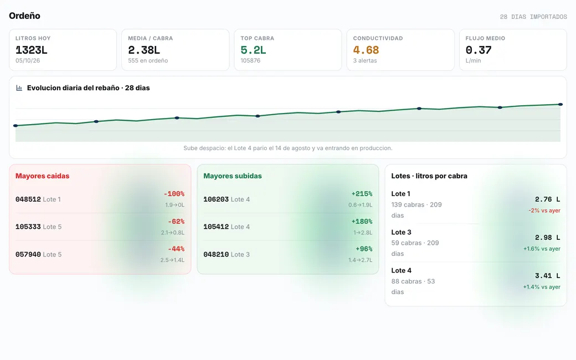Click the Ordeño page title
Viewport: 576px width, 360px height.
24,16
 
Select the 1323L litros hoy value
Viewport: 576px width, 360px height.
31,50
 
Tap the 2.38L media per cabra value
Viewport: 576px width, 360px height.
144,50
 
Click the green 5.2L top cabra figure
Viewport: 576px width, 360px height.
253,50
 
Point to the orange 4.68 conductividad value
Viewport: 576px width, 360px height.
366,50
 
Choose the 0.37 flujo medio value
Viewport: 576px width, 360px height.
479,50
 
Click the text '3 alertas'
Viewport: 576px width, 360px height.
365,60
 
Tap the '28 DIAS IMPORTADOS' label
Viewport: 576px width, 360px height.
533,17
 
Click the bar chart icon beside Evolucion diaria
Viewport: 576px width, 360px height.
19,88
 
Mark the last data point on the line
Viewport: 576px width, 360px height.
560,104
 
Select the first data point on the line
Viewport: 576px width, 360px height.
16,126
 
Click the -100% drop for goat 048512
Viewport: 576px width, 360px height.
174,194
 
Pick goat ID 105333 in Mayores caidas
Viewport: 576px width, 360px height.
28,227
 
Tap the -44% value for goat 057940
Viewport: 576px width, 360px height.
176,249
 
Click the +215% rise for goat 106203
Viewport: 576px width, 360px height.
362,194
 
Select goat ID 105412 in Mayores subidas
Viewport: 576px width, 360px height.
216,227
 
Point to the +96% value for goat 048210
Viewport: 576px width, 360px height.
364,249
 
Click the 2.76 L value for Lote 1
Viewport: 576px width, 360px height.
547,199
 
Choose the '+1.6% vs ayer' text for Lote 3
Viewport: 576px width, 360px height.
542,249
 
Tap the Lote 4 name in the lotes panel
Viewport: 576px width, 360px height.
401,270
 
